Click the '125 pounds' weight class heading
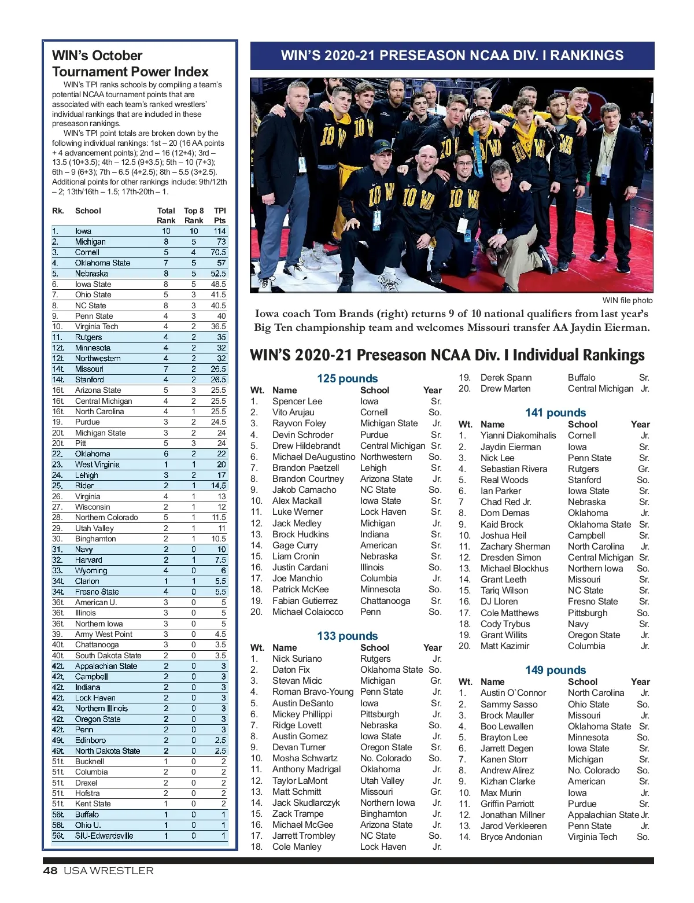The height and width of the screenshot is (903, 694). point(347,378)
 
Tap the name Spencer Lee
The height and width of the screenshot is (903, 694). point(297,401)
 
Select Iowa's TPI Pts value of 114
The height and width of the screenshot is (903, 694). point(220,231)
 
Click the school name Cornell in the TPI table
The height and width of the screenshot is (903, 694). point(87,252)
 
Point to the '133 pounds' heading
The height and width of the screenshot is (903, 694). point(347,636)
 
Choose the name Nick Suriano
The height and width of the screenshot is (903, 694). point(297,658)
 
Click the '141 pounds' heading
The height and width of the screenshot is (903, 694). point(555,412)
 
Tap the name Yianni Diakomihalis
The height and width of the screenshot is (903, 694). point(518,435)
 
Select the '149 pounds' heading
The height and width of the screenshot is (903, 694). point(555,670)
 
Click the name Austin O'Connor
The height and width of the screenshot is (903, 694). point(513,692)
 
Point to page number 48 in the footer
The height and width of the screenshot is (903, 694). point(50,871)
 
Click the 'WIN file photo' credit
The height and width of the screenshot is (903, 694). point(627,300)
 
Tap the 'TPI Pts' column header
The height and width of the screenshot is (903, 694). point(220,215)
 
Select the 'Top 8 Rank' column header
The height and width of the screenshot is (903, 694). point(194,215)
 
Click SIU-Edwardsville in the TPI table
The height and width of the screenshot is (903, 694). point(104,835)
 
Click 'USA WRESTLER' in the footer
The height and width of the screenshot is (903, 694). point(109,871)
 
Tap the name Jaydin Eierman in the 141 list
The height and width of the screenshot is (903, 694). point(511,447)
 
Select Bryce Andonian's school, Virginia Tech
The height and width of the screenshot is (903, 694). point(592,836)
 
